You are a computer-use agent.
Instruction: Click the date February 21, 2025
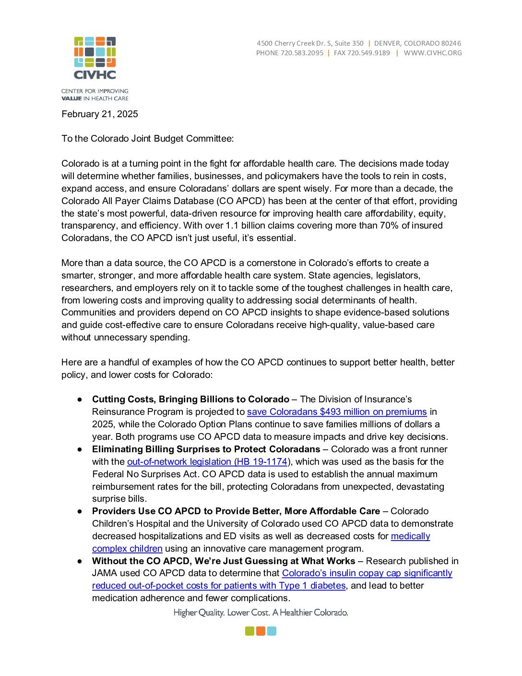pyautogui.click(x=100, y=114)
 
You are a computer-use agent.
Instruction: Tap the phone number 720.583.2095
pyautogui.click(x=302, y=53)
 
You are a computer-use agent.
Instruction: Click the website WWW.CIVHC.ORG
pyautogui.click(x=433, y=53)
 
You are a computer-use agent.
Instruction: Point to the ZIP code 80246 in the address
pyautogui.click(x=451, y=43)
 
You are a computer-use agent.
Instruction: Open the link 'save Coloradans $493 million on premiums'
pyautogui.click(x=337, y=412)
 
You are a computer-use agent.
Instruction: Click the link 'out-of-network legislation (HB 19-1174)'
pyautogui.click(x=207, y=462)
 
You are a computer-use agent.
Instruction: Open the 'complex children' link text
pyautogui.click(x=127, y=549)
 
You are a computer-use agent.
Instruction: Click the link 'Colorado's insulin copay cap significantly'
pyautogui.click(x=367, y=573)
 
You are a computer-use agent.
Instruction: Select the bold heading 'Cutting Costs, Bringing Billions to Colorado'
pyautogui.click(x=190, y=399)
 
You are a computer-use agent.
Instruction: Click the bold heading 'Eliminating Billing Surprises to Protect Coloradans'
pyautogui.click(x=206, y=449)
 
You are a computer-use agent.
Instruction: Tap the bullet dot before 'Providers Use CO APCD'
pyautogui.click(x=80, y=511)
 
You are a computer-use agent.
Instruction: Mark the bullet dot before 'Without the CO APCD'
pyautogui.click(x=80, y=561)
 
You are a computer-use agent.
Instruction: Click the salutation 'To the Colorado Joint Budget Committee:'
pyautogui.click(x=147, y=139)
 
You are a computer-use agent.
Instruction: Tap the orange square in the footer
pyautogui.click(x=261, y=631)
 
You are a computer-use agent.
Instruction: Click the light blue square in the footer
pyautogui.click(x=272, y=631)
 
